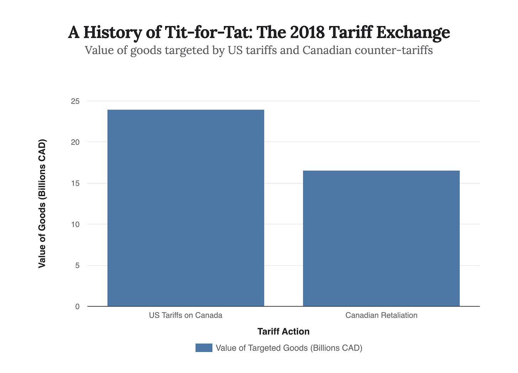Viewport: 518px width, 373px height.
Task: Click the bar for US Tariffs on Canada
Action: (186, 208)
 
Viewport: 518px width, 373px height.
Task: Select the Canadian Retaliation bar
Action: (381, 238)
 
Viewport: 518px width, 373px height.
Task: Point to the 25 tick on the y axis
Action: (75, 101)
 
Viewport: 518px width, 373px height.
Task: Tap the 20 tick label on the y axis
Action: (75, 142)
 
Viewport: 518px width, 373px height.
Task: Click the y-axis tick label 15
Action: (75, 184)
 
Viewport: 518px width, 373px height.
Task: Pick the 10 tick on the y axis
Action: (75, 225)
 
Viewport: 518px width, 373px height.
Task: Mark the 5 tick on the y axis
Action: (77, 266)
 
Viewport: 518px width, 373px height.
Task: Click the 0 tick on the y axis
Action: (77, 306)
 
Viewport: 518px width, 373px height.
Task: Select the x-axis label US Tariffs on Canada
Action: (186, 315)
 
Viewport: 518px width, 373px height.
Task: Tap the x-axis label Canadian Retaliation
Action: (381, 315)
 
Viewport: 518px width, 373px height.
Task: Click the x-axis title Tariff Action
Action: (283, 332)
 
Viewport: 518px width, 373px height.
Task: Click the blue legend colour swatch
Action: (204, 348)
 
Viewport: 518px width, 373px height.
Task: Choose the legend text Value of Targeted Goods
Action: (289, 348)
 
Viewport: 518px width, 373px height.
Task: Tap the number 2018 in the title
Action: (307, 32)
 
